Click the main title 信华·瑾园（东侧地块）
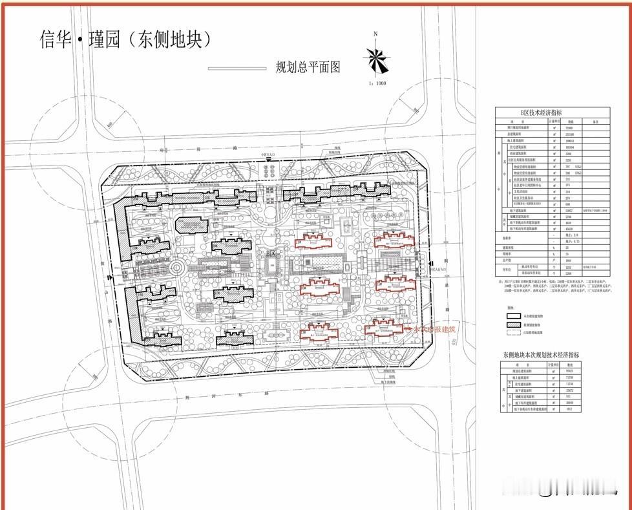tap(127, 40)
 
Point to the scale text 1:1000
tap(377, 83)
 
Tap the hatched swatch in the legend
tap(513, 324)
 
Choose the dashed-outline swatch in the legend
tap(513, 332)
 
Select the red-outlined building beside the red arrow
tap(386, 326)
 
